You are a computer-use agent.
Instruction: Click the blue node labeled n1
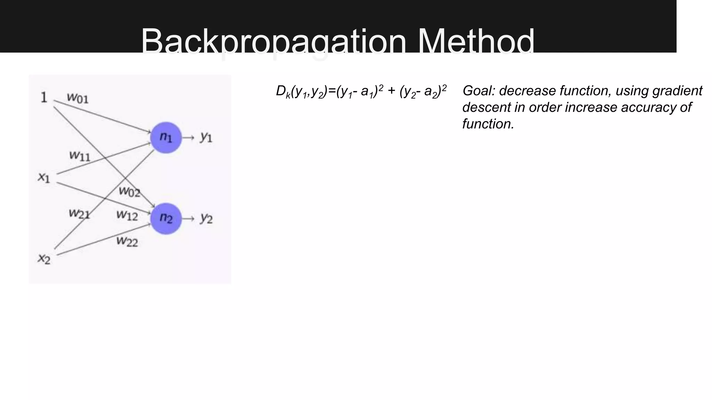166,137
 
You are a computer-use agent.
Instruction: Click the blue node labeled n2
166,218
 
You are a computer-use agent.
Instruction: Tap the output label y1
206,137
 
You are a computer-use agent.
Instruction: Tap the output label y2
206,218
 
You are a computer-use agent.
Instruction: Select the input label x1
44,178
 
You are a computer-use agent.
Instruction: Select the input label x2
44,259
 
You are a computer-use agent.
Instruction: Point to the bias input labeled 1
44,98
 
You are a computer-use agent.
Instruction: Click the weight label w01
78,98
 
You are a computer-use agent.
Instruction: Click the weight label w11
80,156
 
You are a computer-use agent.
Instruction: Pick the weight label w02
129,191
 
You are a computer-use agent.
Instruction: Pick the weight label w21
79,214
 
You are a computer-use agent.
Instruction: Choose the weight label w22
127,241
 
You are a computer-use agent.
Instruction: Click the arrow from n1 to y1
188,138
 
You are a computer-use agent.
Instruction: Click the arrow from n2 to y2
188,219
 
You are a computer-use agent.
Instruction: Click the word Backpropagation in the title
273,42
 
